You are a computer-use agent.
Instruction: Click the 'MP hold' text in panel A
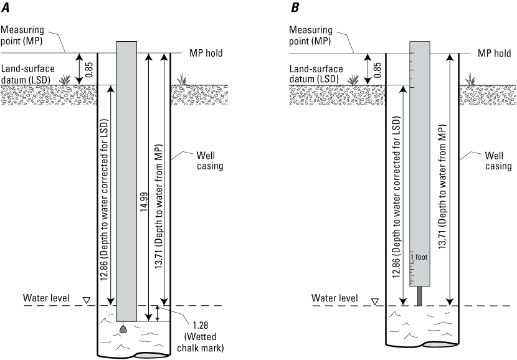206,54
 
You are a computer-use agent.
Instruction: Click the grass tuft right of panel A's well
182,80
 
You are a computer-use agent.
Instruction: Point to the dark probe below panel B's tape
419,296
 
